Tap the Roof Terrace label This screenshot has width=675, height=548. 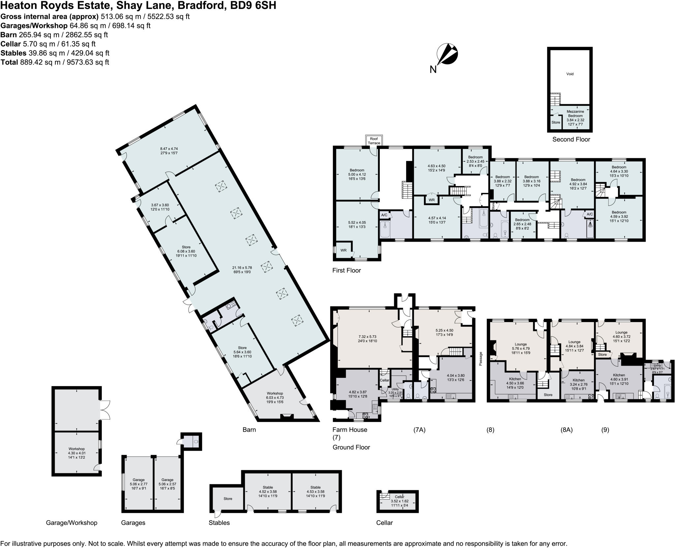pos(374,141)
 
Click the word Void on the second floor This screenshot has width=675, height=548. pos(570,74)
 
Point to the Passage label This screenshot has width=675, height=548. pos(481,359)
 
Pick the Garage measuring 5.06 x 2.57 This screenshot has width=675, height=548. pos(167,484)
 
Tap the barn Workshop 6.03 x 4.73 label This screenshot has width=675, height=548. pos(275,398)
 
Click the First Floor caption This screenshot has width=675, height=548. pos(346,270)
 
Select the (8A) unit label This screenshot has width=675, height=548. pos(567,430)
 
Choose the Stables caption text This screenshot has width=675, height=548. pos(219,523)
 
